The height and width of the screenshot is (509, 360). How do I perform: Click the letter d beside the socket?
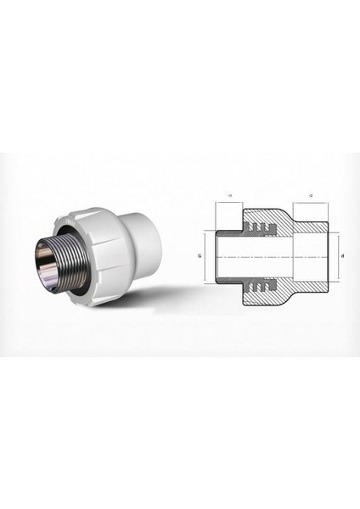pyautogui.click(x=341, y=254)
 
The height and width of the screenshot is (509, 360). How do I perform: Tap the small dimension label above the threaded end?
pyautogui.click(x=229, y=196)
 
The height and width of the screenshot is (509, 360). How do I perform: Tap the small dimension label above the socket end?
pyautogui.click(x=312, y=196)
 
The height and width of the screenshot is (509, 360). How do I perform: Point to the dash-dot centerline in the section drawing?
pyautogui.click(x=272, y=254)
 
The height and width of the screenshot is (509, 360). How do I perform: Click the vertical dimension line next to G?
pyautogui.click(x=206, y=254)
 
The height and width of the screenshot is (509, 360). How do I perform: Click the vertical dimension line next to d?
pyautogui.click(x=332, y=254)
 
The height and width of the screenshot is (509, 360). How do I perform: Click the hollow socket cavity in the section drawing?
pyautogui.click(x=311, y=254)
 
